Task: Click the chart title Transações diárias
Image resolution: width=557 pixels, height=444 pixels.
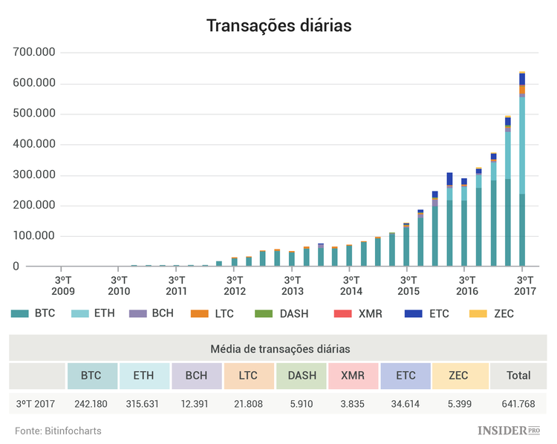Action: tap(278, 25)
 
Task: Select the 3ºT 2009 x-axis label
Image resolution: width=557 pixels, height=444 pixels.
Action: tap(62, 285)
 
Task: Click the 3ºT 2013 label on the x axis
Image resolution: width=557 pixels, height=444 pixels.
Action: tap(293, 285)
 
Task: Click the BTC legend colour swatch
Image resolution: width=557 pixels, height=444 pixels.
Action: tap(20, 314)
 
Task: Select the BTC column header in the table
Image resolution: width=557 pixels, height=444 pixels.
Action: tap(91, 376)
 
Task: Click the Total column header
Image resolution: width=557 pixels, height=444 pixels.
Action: tap(518, 376)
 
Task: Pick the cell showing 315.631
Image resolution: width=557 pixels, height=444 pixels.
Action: tap(143, 405)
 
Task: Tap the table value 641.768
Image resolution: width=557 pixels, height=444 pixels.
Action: tap(518, 405)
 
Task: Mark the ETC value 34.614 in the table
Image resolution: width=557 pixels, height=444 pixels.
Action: tap(405, 405)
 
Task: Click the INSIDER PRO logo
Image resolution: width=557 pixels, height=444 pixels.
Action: tap(508, 431)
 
